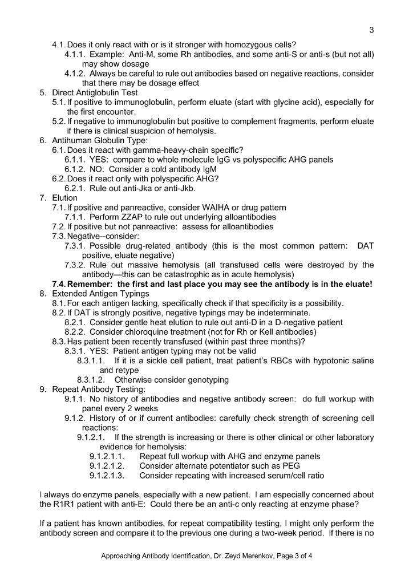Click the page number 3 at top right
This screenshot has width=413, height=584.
371,30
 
